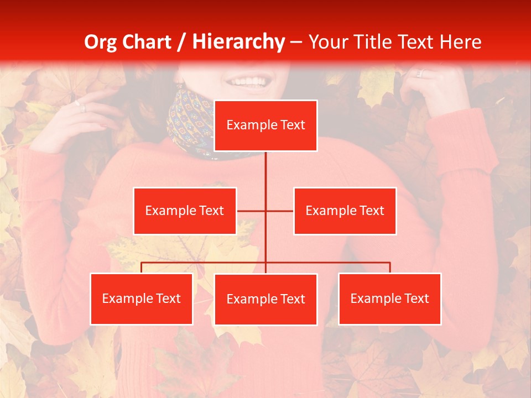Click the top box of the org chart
pyautogui.click(x=265, y=125)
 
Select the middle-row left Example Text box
pyautogui.click(x=185, y=211)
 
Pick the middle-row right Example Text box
pyautogui.click(x=345, y=211)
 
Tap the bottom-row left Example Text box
pyautogui.click(x=142, y=298)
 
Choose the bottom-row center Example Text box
pyautogui.click(x=265, y=299)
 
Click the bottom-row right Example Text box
pyautogui.click(x=389, y=298)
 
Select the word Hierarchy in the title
pyautogui.click(x=238, y=42)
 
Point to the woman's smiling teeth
pyautogui.click(x=248, y=82)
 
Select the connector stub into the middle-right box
pyautogui.click(x=280, y=211)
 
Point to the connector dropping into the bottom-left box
pyautogui.click(x=142, y=268)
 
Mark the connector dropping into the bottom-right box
pyautogui.click(x=389, y=268)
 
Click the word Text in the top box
pyautogui.click(x=291, y=125)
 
